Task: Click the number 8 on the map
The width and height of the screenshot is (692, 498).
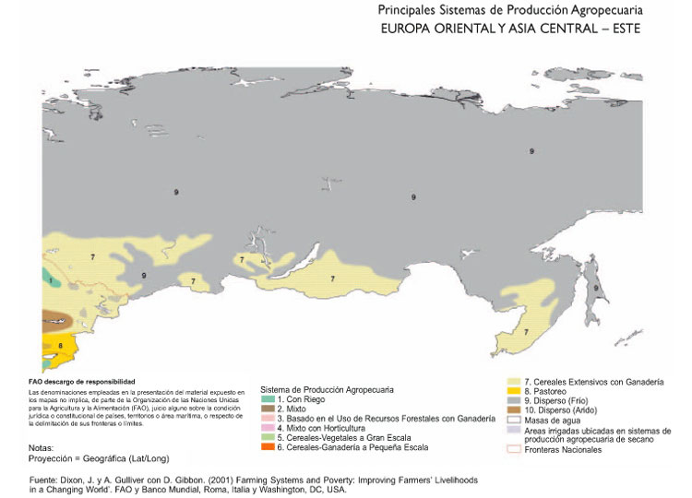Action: tap(60, 346)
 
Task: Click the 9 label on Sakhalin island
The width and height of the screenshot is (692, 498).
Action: tap(597, 289)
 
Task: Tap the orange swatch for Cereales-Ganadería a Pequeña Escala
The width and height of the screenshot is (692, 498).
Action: tap(268, 448)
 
